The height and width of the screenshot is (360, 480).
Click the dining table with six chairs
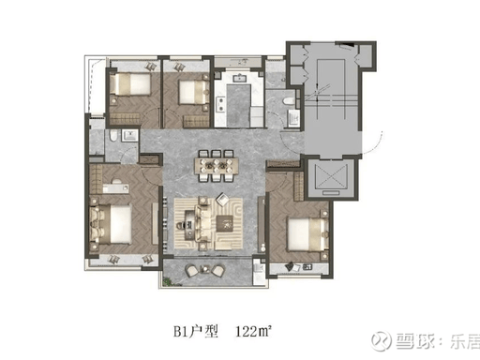pos(217,166)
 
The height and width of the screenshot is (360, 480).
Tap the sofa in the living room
pos(202,224)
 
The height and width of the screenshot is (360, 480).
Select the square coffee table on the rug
pos(225,224)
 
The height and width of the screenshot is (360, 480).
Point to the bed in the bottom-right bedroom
pos(307,234)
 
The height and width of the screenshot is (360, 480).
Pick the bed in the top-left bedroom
pos(130,83)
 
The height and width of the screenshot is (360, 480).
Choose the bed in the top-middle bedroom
pos(193,92)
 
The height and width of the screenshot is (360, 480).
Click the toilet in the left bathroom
pos(113,136)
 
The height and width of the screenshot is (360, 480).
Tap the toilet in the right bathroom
pos(288,101)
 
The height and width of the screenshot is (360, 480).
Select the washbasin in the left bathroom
pos(129,136)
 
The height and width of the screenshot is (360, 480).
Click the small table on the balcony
pos(205,269)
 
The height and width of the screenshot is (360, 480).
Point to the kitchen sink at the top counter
pos(240,78)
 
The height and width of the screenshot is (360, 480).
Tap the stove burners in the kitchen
pos(222,104)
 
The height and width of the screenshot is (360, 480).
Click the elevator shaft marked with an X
pos(331,178)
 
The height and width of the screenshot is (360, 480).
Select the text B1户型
pos(196,331)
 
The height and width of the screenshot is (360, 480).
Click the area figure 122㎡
pos(253,331)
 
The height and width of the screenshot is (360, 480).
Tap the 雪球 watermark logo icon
pos(381,339)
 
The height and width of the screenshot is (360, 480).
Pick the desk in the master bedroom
pos(115,188)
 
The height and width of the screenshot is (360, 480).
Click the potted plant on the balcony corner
pos(169,281)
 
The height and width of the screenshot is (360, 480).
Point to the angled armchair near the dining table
pos(223,199)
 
